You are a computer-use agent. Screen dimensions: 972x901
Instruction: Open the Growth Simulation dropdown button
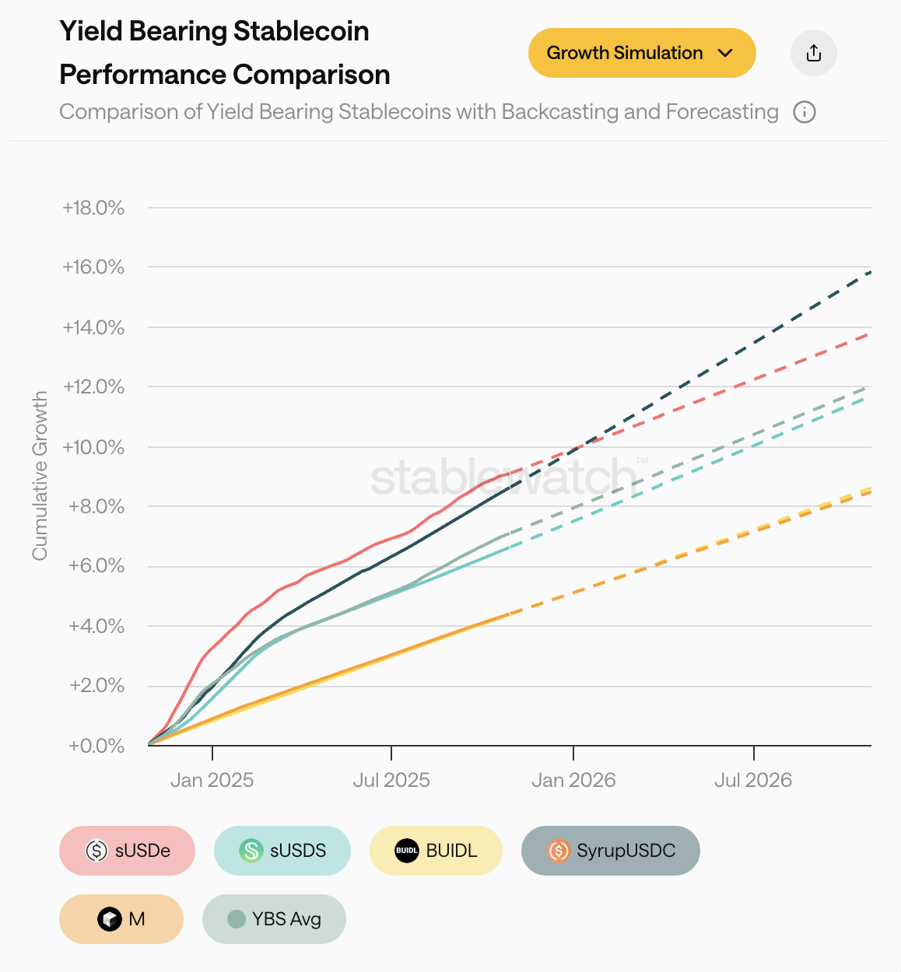click(x=642, y=53)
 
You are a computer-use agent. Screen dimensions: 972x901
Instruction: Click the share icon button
click(x=813, y=53)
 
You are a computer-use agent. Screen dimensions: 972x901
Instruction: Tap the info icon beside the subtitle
click(x=804, y=112)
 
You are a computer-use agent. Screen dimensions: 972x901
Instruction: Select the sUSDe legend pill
click(x=127, y=851)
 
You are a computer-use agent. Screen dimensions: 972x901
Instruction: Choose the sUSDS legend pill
click(x=282, y=851)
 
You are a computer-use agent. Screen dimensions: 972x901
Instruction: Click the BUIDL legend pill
click(x=436, y=851)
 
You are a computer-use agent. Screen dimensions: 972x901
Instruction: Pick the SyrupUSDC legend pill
click(x=610, y=851)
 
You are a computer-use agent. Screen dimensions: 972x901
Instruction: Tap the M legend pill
click(x=121, y=919)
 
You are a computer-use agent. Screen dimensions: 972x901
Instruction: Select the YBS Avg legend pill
click(x=274, y=919)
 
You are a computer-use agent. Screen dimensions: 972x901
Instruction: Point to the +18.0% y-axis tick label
click(x=93, y=208)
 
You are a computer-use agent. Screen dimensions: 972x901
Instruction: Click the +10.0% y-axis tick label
click(x=93, y=447)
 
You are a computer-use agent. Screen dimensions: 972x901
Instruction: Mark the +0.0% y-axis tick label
click(x=96, y=746)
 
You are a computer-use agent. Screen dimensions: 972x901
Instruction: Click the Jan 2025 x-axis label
click(x=212, y=780)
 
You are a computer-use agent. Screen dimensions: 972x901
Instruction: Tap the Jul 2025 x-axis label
click(x=391, y=780)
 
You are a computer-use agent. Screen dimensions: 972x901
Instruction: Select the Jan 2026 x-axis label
click(x=573, y=780)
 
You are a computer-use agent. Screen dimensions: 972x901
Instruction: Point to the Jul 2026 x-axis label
click(x=753, y=780)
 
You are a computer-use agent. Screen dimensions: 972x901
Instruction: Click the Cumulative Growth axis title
click(x=40, y=475)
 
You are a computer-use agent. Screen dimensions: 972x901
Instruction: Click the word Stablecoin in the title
click(x=301, y=31)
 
